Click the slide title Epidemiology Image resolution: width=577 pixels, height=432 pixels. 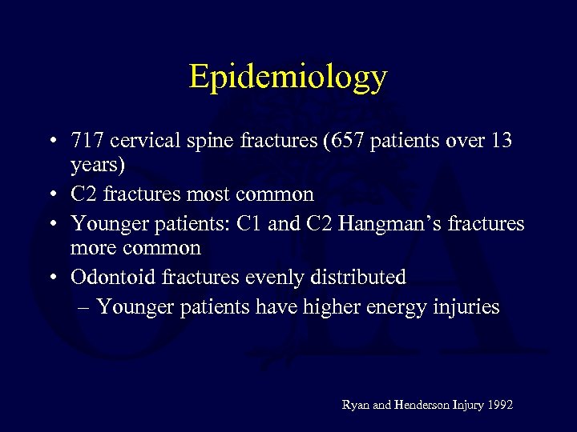(288, 77)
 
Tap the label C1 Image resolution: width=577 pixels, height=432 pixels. (250, 223)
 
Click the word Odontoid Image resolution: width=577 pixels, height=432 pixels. (112, 277)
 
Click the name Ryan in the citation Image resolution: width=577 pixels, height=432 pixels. (356, 406)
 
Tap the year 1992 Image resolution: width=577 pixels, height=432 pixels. (498, 406)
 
